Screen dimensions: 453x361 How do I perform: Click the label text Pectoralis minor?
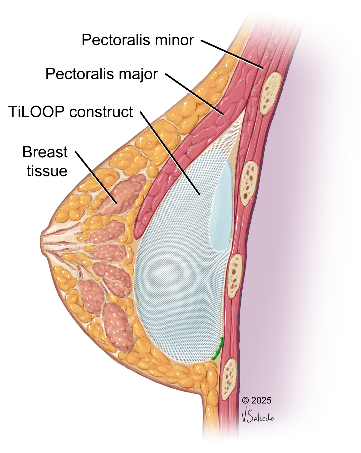[x=138, y=40]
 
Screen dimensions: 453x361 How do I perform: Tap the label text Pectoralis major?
[x=102, y=74]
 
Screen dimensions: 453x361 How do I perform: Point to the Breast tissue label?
[x=45, y=161]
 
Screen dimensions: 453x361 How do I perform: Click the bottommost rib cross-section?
[x=229, y=379]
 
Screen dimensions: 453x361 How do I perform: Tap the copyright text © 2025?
[x=256, y=400]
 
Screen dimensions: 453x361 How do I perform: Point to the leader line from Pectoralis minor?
[x=232, y=54]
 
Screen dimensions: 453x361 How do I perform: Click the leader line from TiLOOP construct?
[x=170, y=152]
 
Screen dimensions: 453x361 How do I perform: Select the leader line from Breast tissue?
[x=96, y=178]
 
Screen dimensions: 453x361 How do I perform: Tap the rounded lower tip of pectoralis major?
[x=140, y=231]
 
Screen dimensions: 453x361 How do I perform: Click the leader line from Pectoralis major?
[x=194, y=94]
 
